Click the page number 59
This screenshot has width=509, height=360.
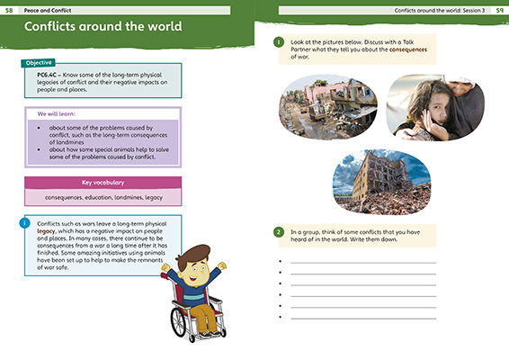coord(499,9)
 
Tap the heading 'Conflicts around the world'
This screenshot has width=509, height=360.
coord(104,27)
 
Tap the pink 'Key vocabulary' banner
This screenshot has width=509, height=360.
coord(101,182)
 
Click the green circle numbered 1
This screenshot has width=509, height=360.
coord(280,41)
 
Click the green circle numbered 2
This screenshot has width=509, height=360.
coord(280,232)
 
